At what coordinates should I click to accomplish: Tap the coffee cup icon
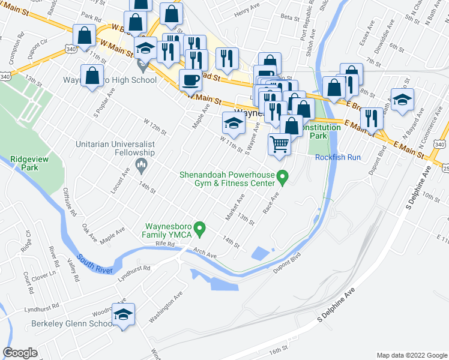click(191, 80)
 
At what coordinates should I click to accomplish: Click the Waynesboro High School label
click(110, 80)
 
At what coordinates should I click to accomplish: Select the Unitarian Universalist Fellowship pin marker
click(142, 164)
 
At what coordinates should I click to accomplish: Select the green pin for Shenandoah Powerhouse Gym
click(285, 176)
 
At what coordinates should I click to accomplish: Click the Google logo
click(20, 353)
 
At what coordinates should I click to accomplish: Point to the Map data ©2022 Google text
click(411, 355)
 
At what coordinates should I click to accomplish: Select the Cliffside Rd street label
click(70, 202)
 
